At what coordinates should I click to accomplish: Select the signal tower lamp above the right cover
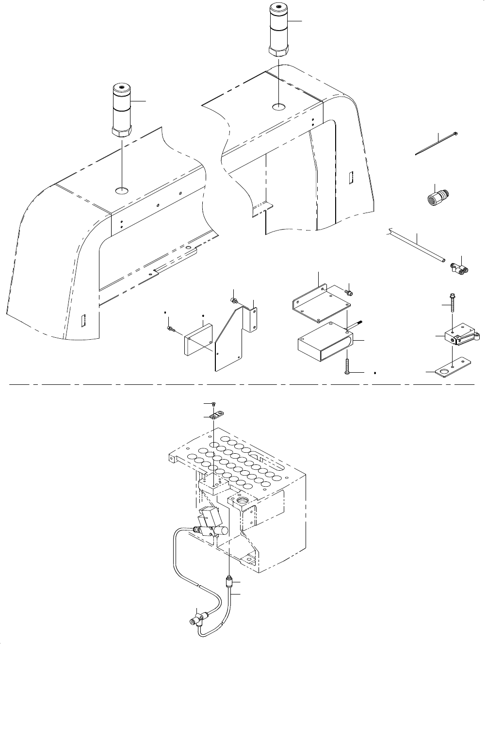pos(279,29)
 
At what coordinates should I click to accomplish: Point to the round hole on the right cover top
pos(278,106)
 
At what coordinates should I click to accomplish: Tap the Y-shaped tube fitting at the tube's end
pos(460,266)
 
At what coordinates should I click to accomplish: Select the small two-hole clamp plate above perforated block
pos(217,415)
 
